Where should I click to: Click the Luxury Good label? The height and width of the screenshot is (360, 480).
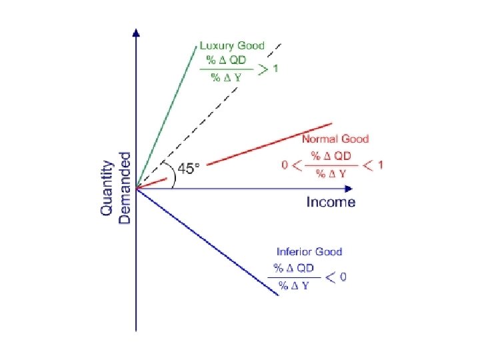click(232, 46)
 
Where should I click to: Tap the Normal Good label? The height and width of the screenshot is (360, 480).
click(335, 139)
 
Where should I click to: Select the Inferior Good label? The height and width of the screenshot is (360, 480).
click(309, 251)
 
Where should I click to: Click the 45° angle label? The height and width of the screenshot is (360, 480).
click(187, 169)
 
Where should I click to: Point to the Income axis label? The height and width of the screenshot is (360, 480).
click(331, 202)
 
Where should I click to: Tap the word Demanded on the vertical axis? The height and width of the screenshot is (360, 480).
click(124, 187)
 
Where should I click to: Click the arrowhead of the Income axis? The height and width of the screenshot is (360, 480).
click(348, 188)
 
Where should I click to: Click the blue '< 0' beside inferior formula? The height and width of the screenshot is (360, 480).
click(335, 277)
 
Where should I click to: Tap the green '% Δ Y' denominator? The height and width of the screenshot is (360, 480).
click(226, 77)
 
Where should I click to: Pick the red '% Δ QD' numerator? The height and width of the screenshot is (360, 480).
click(331, 156)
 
